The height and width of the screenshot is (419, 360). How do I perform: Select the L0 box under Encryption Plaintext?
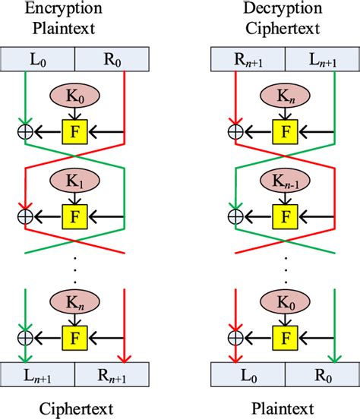click(x=38, y=58)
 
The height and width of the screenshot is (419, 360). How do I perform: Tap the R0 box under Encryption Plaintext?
click(x=112, y=58)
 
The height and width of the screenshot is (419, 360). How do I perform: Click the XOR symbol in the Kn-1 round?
click(x=237, y=214)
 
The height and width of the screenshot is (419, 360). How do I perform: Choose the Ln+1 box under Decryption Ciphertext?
click(x=321, y=58)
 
